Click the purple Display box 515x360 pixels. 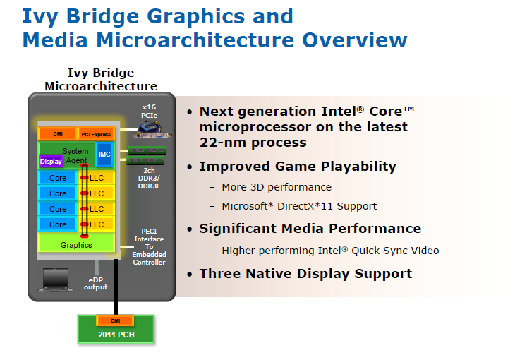point(51,161)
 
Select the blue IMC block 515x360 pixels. point(104,154)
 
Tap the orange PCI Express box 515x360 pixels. point(96,134)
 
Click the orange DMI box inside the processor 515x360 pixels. point(58,134)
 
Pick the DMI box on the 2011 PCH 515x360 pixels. point(115,320)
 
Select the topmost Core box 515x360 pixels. point(58,178)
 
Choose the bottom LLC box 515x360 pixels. point(97,224)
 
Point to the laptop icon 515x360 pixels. point(56,280)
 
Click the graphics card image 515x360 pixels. point(152,130)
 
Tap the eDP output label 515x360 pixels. point(95,283)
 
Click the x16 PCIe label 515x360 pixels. point(149,111)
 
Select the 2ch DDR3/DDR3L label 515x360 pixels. point(149,178)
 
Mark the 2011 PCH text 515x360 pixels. point(116,335)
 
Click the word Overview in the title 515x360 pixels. point(355,40)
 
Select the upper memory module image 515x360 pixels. point(147,150)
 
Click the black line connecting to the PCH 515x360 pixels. point(116,287)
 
